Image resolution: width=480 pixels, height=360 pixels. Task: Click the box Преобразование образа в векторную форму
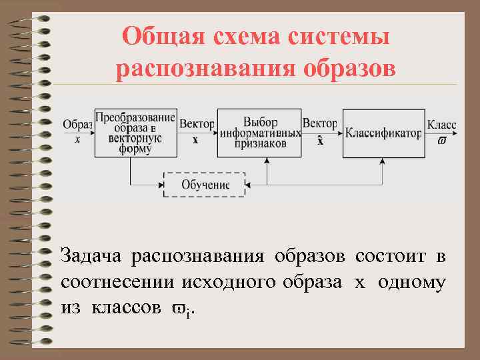135,132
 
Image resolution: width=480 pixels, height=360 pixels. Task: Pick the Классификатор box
383,133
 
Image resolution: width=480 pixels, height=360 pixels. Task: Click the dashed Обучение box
205,184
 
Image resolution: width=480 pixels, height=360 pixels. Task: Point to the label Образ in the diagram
77,125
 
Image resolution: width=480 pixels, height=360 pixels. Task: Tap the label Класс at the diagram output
441,125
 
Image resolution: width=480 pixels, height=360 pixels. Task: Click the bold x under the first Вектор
195,140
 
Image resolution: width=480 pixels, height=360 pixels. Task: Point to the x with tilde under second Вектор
320,140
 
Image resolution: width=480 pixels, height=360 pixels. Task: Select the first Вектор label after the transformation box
197,124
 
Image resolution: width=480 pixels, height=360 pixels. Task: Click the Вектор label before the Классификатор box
319,123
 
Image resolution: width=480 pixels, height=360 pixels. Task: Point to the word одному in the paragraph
411,282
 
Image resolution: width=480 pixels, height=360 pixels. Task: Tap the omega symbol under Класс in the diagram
442,141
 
